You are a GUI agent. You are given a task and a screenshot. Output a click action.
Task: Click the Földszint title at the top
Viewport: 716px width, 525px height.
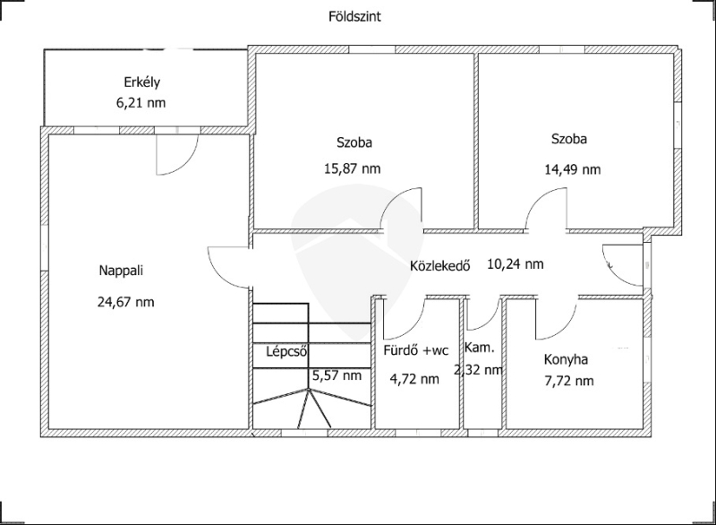coord(354,17)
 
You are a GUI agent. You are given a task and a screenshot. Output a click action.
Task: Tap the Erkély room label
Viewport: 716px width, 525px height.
coord(142,82)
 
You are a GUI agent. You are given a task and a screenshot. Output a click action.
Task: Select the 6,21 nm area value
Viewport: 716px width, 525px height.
coord(141,103)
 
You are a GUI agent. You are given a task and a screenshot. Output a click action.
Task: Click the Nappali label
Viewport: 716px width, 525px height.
coord(121,271)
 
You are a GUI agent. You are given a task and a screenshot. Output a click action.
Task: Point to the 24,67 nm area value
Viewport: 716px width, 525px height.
coord(125,302)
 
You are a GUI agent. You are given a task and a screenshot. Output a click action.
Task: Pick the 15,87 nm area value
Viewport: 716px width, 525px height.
coord(352,168)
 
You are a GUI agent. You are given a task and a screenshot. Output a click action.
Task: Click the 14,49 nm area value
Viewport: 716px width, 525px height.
coord(572,169)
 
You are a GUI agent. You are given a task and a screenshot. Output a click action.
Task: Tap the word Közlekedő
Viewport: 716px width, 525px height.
coord(439,265)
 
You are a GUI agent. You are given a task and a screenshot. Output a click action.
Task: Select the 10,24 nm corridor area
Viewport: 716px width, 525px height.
coord(516,263)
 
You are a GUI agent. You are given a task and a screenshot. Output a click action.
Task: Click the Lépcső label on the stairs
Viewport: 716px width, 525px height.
coord(286,352)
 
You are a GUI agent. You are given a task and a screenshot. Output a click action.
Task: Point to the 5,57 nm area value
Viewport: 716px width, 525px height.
coord(337,375)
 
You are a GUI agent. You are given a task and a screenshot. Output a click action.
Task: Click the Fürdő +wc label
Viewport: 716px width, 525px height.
coord(416,350)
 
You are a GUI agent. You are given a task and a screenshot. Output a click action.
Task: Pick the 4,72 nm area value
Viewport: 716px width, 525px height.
coord(414,379)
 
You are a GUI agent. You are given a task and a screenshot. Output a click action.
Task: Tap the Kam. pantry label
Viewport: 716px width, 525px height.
coord(480,348)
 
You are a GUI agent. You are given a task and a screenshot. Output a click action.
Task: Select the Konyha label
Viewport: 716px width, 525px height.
coord(566,359)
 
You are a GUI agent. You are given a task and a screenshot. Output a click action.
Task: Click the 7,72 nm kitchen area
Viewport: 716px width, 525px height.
coord(569,381)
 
